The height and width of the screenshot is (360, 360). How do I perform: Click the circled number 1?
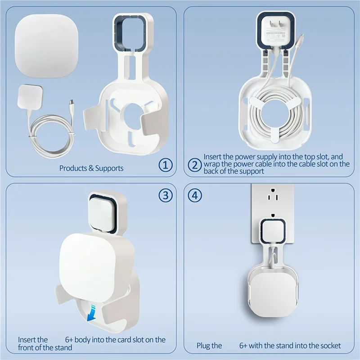tap(166, 165)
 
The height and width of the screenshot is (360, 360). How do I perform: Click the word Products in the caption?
tap(73, 168)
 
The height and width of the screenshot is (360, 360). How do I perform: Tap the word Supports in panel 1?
tap(109, 168)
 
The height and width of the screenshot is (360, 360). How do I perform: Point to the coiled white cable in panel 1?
tap(50, 130)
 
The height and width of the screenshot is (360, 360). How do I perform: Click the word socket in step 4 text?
tap(330, 346)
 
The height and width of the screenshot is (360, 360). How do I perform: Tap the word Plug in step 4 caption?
tap(204, 346)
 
